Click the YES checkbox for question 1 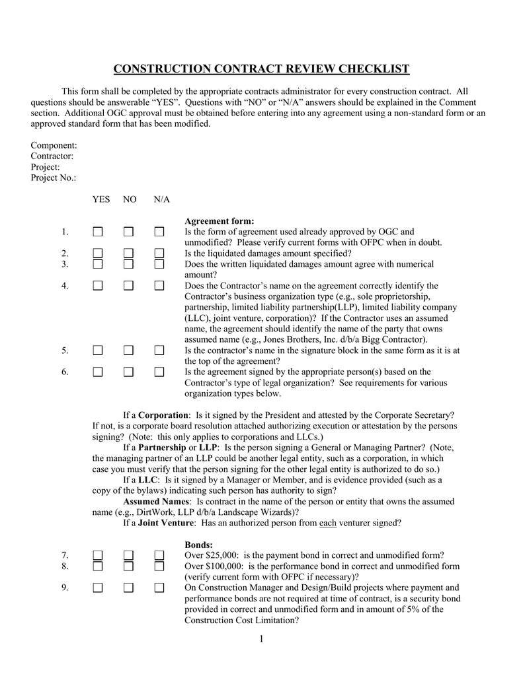98,232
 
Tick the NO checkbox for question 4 128,286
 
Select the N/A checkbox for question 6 159,372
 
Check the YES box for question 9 98,588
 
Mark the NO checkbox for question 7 128,555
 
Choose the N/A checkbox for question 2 159,253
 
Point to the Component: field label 54,145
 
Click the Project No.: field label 54,178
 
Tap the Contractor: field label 52,156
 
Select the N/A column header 162,199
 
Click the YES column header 101,199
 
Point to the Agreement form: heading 219,221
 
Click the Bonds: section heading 198,545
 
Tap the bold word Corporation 163,415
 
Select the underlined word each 328,523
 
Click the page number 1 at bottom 261,638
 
